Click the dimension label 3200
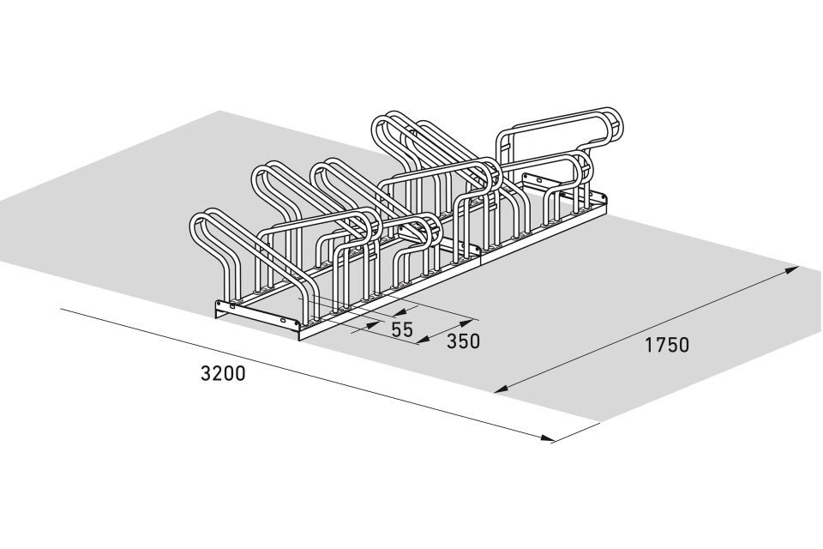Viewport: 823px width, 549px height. pyautogui.click(x=223, y=373)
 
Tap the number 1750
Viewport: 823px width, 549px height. pyautogui.click(x=667, y=345)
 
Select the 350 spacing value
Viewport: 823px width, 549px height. pyautogui.click(x=463, y=341)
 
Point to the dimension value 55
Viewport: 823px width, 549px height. pyautogui.click(x=403, y=329)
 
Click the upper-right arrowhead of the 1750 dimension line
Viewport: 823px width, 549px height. pyautogui.click(x=791, y=270)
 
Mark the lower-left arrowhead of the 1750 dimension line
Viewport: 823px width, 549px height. pyautogui.click(x=502, y=389)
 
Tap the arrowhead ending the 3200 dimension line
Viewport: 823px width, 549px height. pyautogui.click(x=547, y=437)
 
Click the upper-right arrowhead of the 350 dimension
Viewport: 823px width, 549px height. pyautogui.click(x=466, y=322)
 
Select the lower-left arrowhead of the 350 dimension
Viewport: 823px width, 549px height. pyautogui.click(x=426, y=340)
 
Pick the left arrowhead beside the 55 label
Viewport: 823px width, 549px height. pyautogui.click(x=373, y=324)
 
